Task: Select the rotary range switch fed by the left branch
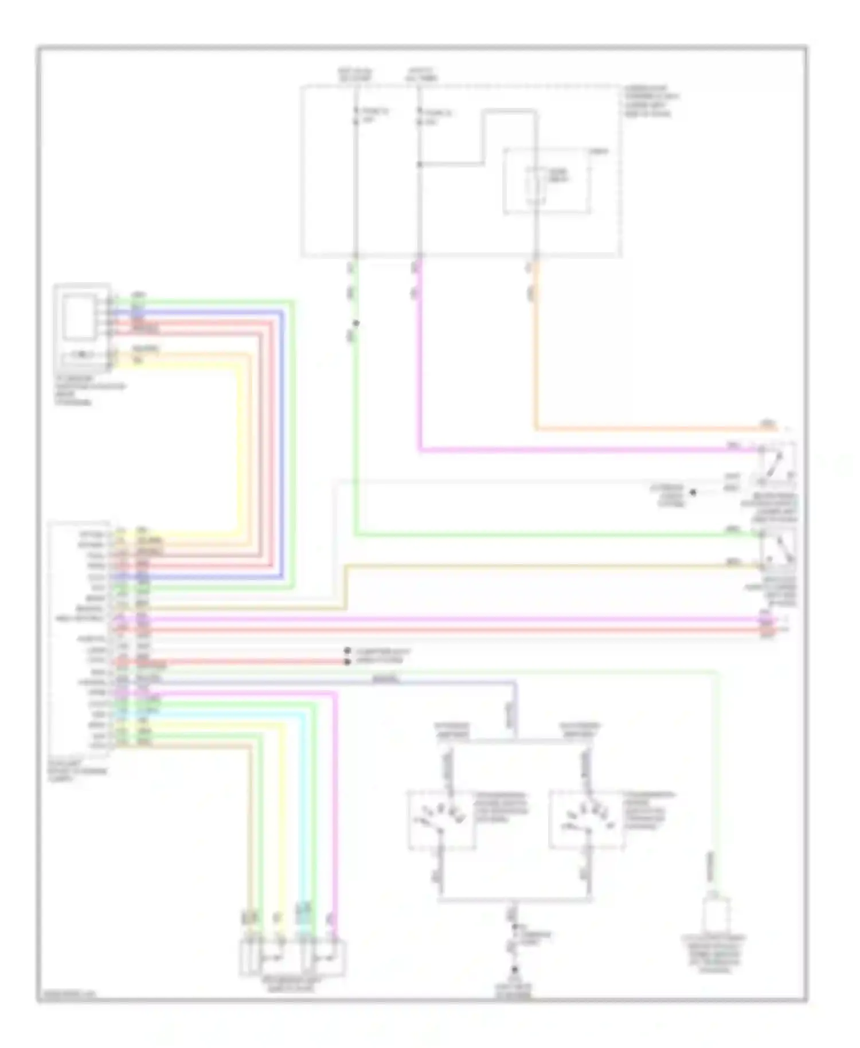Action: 441,820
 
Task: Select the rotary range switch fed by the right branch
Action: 587,820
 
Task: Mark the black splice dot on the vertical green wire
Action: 356,323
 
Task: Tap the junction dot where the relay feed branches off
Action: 420,165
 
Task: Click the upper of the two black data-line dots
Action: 347,651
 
